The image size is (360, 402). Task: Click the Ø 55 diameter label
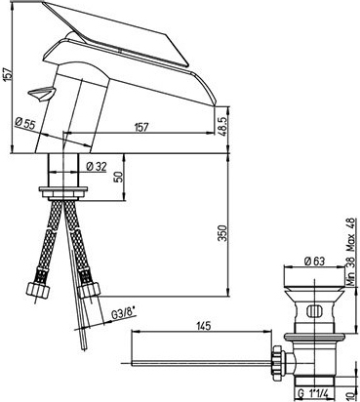tap(24, 124)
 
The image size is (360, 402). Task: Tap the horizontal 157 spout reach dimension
tap(141, 127)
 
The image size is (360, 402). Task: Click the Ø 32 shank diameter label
tap(97, 167)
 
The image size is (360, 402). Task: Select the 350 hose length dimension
tap(222, 233)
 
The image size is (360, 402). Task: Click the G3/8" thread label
tap(123, 314)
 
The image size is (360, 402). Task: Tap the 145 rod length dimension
tap(203, 326)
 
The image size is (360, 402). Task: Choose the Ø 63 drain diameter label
tap(314, 261)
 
